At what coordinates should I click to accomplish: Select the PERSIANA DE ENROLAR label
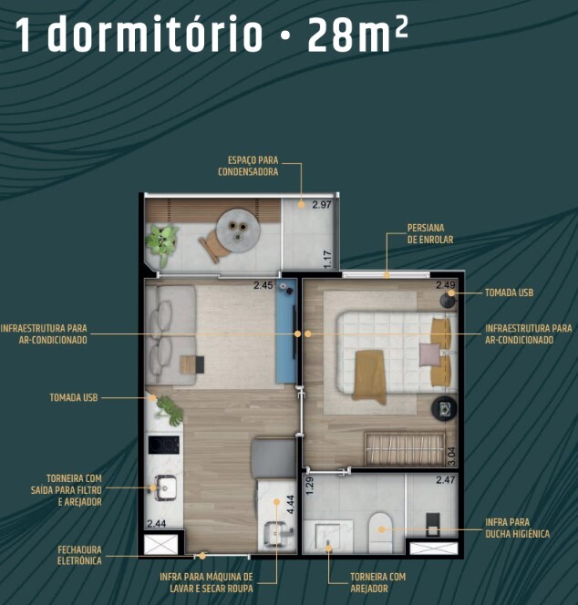(x=429, y=234)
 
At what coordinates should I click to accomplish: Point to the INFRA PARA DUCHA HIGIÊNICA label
(x=518, y=528)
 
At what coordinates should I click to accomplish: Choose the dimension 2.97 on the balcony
(x=321, y=205)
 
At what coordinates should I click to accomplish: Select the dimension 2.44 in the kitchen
(x=157, y=524)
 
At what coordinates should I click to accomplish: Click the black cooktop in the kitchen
(x=164, y=446)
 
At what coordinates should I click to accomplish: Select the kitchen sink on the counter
(x=164, y=488)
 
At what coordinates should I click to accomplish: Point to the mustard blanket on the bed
(x=370, y=375)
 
